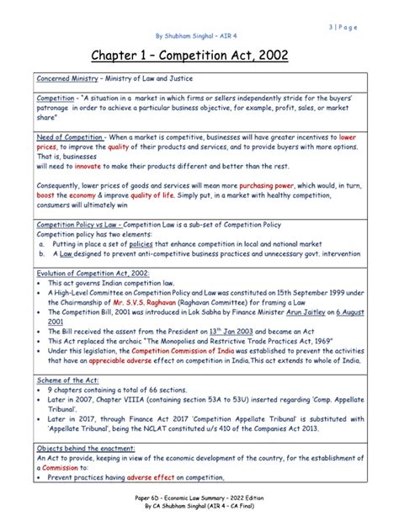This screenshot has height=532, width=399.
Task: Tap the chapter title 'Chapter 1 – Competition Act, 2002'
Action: [199, 56]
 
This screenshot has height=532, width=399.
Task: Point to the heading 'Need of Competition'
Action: [69, 136]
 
